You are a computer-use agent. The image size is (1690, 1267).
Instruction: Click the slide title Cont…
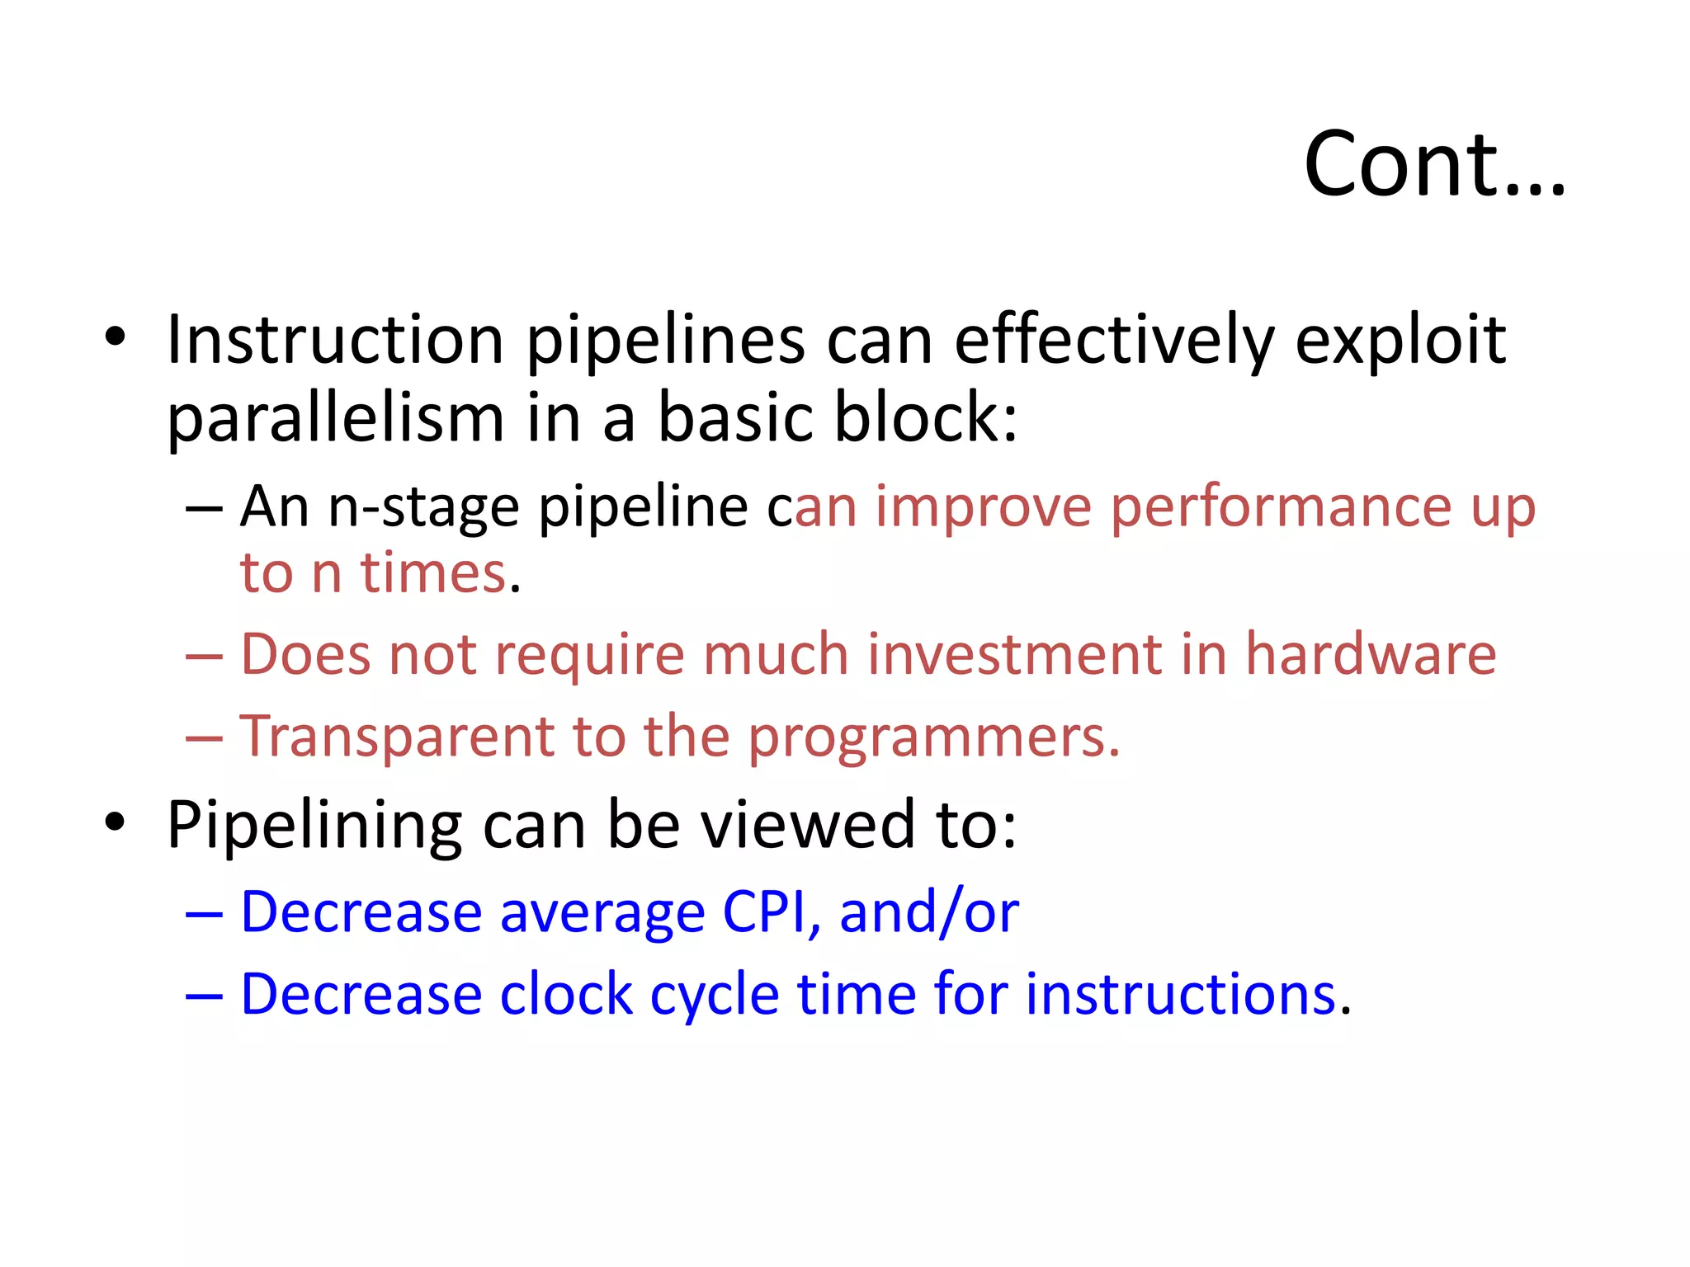1434,165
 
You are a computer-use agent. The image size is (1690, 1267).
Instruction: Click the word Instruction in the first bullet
334,340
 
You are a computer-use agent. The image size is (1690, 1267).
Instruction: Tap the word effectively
1114,340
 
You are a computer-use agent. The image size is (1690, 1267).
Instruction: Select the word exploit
1400,340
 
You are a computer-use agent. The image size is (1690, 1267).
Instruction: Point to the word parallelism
334,419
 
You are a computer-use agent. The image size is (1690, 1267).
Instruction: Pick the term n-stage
423,506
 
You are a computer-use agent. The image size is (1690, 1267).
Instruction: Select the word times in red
432,572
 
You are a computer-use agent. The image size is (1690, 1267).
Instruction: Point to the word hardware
1370,655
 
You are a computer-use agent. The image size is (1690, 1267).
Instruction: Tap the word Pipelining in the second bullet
314,825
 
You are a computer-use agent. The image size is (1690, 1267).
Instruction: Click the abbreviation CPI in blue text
764,912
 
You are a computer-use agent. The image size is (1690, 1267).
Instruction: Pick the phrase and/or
928,912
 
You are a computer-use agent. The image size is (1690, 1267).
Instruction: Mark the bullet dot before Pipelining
116,822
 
